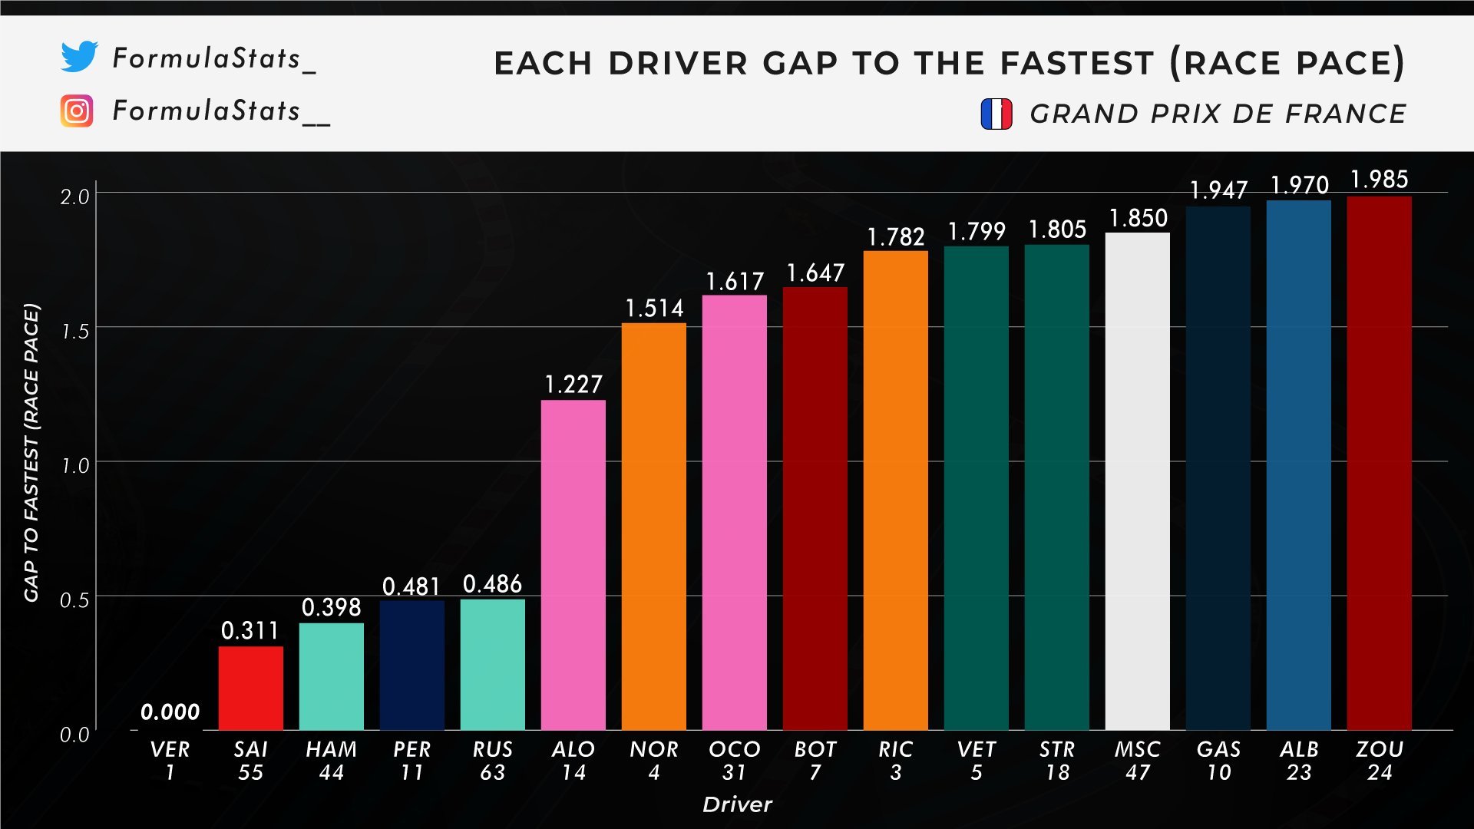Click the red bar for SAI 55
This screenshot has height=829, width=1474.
pos(250,688)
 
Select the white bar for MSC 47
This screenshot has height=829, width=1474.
pos(1138,481)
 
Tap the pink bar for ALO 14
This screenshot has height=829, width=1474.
pos(573,565)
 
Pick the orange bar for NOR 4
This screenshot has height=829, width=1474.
pos(654,527)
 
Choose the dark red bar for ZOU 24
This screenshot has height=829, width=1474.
pos(1380,463)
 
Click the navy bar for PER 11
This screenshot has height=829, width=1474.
pos(412,666)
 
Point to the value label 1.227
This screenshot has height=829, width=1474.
pos(573,384)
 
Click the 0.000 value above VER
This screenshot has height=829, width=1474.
pos(170,712)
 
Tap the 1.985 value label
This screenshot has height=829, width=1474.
pos(1380,180)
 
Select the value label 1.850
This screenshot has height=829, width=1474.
pos(1138,218)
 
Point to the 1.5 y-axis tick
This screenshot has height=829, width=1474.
pos(75,332)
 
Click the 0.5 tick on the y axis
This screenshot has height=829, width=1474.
pos(75,600)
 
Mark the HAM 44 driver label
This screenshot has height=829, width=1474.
pos(332,761)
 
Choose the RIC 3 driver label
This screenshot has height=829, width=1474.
pos(896,761)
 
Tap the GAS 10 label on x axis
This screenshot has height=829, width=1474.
pos(1218,761)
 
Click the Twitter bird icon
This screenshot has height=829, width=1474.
pos(80,57)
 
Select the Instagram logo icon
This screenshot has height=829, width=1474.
pos(77,111)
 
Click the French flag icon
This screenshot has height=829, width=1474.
pos(996,114)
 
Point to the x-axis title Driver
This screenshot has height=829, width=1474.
pos(738,804)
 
